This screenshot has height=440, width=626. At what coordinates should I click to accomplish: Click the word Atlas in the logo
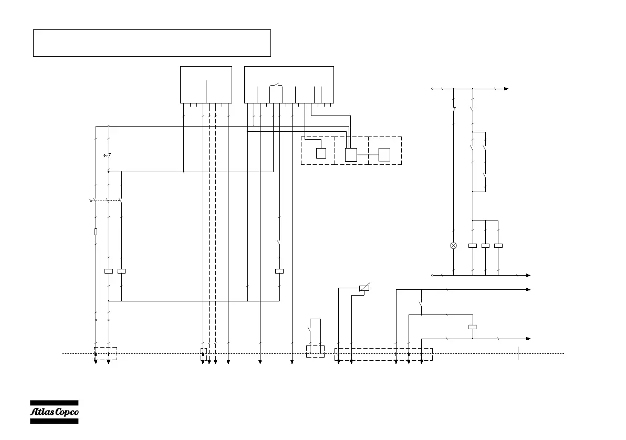pyautogui.click(x=41, y=412)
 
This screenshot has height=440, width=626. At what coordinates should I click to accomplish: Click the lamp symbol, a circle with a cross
pyautogui.click(x=454, y=245)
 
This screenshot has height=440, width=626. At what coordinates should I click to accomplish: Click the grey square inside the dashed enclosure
pyautogui.click(x=384, y=154)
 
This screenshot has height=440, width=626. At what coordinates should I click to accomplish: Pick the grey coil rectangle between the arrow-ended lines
pyautogui.click(x=473, y=327)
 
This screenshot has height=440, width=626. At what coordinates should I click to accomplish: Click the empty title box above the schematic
pyautogui.click(x=152, y=43)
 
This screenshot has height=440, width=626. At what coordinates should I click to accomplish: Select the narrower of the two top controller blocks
pyautogui.click(x=206, y=85)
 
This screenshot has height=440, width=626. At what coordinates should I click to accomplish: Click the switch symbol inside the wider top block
pyautogui.click(x=276, y=84)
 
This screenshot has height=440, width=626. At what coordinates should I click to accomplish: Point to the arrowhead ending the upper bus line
pyautogui.click(x=506, y=89)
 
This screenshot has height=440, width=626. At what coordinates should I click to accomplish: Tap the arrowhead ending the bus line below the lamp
pyautogui.click(x=528, y=275)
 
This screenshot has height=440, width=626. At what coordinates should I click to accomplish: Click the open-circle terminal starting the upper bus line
pyautogui.click(x=432, y=89)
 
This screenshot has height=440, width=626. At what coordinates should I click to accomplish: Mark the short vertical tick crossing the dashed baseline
pyautogui.click(x=518, y=353)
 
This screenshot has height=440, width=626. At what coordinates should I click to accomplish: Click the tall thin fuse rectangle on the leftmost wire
pyautogui.click(x=96, y=232)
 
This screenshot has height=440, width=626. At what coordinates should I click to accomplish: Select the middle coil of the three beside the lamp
pyautogui.click(x=485, y=245)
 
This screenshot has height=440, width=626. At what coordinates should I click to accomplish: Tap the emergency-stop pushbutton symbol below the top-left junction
pyautogui.click(x=107, y=155)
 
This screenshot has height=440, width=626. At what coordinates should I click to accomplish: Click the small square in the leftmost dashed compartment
pyautogui.click(x=321, y=153)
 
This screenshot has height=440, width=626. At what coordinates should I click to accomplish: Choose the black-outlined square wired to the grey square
pyautogui.click(x=351, y=154)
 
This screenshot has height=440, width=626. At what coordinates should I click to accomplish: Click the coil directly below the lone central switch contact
pyautogui.click(x=279, y=271)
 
